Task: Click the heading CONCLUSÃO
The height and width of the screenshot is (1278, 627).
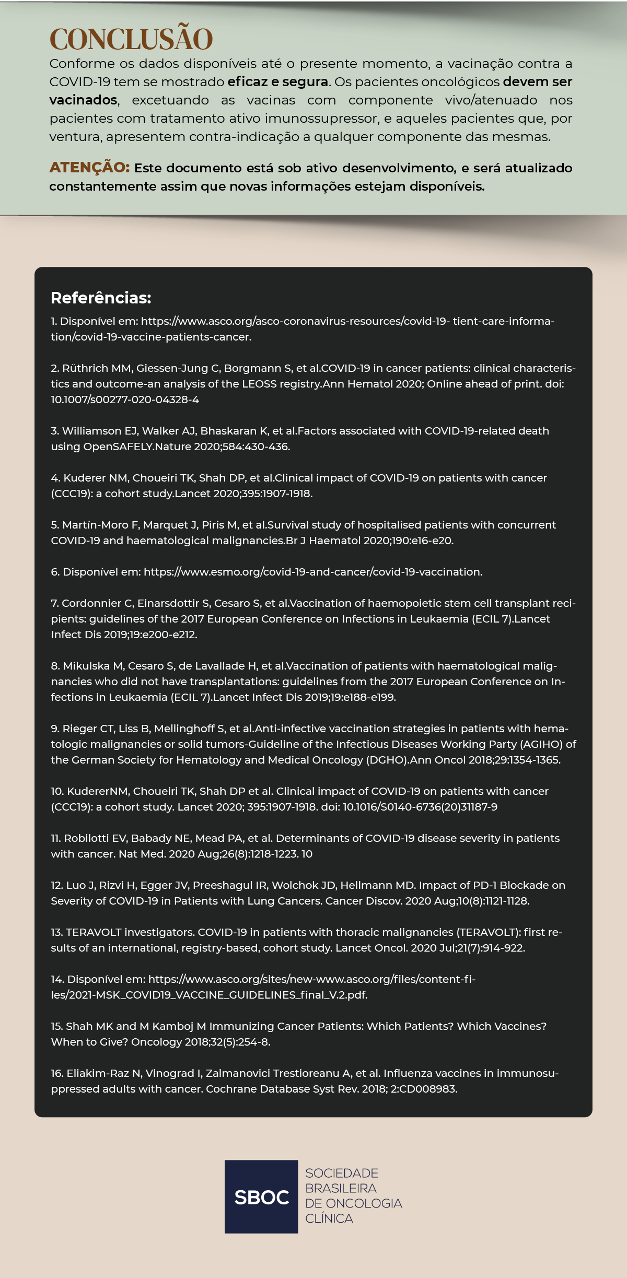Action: point(131,39)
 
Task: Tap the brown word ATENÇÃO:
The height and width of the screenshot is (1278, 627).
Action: point(89,168)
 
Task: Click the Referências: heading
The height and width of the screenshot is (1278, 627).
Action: point(101,298)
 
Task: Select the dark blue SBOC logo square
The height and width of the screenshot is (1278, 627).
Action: point(261,1197)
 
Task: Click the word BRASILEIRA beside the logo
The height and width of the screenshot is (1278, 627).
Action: point(341,1188)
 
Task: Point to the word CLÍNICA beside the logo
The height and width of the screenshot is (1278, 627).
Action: point(329,1218)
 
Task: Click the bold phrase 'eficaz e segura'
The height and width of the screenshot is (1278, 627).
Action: point(277,82)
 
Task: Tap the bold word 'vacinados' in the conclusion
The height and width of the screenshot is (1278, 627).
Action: point(83,100)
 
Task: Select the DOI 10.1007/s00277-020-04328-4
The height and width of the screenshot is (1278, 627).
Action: point(125,400)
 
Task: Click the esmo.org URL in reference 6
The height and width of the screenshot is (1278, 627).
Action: point(312,572)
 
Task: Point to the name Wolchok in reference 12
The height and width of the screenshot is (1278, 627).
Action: point(295,885)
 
